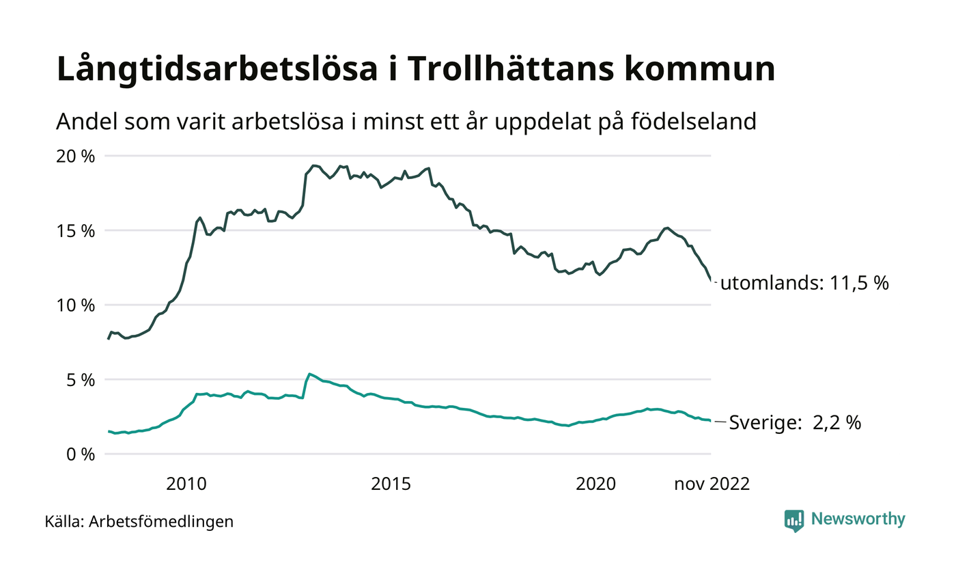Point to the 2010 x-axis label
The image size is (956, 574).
click(x=186, y=484)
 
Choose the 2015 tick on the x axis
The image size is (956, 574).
click(x=391, y=484)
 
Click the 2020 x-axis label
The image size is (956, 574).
click(x=595, y=484)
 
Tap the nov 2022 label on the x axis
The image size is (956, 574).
click(x=712, y=484)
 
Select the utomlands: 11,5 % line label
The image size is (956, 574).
click(x=804, y=283)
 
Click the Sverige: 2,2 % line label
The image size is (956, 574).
click(x=795, y=423)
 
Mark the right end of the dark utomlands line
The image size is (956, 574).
click(x=711, y=279)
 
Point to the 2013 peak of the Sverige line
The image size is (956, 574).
click(x=309, y=374)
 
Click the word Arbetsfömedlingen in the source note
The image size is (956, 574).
click(x=161, y=521)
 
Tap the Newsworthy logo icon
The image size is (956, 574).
click(x=794, y=520)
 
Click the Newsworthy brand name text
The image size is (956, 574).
click(x=858, y=519)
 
